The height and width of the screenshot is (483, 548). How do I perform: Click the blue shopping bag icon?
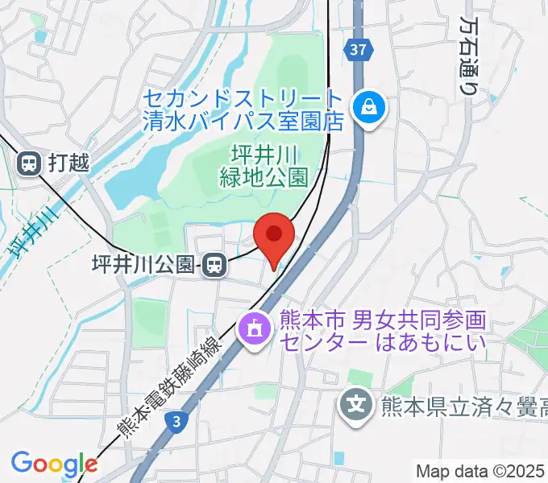(369, 105)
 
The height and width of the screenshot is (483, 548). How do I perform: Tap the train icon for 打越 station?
(29, 163)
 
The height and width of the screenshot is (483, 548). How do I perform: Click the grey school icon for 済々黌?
(356, 402)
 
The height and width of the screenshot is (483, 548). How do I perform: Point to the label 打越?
(68, 163)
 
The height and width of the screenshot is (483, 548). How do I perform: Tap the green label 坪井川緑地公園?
(264, 165)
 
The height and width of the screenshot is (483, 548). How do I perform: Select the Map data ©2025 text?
(480, 471)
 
